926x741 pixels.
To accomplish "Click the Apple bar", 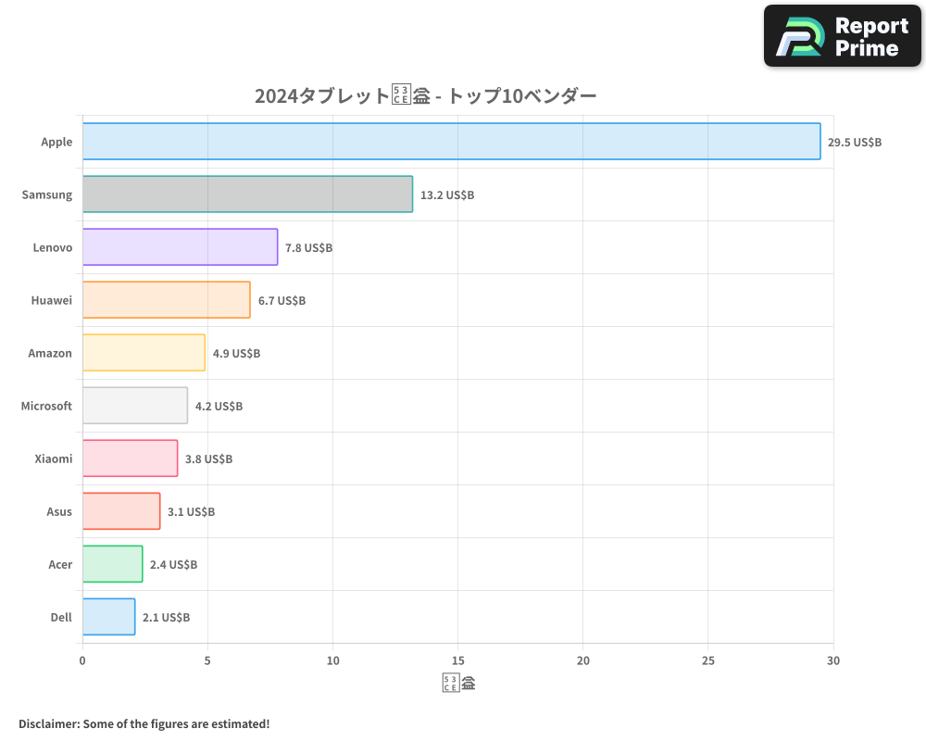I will coord(451,142).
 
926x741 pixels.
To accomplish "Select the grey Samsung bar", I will coord(247,195).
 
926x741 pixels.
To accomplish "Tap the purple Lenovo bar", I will coord(180,247).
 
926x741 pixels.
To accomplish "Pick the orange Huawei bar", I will coord(166,300).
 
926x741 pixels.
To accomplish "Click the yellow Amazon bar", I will coord(144,353).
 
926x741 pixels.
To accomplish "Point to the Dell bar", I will coord(108,617).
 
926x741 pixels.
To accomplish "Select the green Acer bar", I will coord(112,564).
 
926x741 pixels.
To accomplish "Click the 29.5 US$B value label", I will coord(855,143).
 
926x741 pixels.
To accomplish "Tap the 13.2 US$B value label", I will coord(447,195).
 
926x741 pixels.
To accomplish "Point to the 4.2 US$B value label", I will coord(219,407).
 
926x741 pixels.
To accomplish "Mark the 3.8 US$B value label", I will coord(208,459).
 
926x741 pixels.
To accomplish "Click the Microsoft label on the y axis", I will coord(46,406).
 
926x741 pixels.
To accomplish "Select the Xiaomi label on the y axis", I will coord(53,458).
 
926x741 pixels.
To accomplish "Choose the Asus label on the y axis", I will coord(59,511).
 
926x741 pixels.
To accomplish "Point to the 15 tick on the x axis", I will coord(457,660).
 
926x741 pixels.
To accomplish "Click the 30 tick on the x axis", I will coord(833,660).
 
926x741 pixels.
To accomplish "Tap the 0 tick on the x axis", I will coord(82,660).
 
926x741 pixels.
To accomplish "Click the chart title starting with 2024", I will coord(425,95).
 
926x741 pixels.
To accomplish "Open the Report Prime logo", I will coord(843,36).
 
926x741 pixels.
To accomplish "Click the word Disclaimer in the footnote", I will coord(48,723).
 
